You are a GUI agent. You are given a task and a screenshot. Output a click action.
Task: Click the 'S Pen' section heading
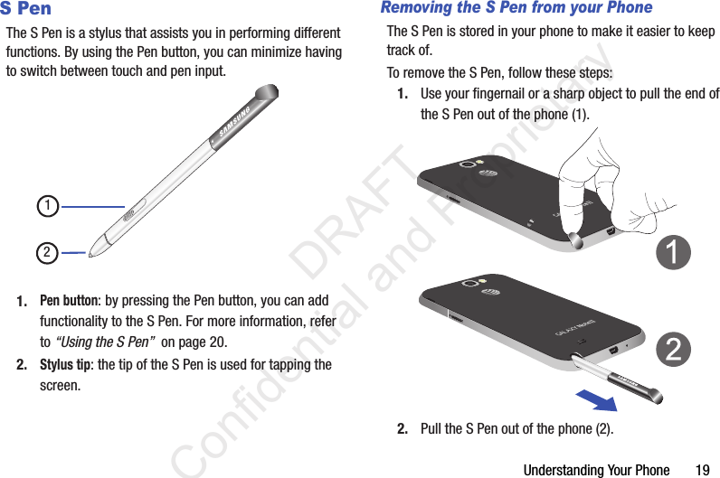pos(25,8)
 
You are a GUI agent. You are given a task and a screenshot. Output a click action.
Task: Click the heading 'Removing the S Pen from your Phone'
pos(516,7)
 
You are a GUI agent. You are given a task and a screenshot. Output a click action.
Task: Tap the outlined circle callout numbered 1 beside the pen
pos(48,206)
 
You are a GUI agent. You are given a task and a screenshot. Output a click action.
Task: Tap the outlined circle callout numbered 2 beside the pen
pos(47,253)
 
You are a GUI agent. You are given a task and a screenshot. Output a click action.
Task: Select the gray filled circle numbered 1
pos(673,252)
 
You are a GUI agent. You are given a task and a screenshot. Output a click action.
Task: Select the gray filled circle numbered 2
pos(673,350)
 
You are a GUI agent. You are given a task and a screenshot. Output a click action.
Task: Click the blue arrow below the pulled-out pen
pos(597,400)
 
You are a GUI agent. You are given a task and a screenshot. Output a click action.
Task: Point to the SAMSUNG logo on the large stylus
pos(234,121)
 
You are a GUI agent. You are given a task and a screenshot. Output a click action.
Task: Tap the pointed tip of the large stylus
pos(90,255)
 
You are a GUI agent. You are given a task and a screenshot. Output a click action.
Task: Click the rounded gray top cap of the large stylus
pos(266,92)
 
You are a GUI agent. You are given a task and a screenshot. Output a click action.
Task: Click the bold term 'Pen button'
pos(69,301)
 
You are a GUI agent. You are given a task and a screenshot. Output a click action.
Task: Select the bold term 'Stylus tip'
pos(65,365)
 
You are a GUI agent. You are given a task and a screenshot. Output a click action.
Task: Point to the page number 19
pos(703,470)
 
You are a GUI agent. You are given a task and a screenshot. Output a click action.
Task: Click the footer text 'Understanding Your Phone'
pos(596,470)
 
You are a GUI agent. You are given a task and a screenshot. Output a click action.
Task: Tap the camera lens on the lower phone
pos(469,283)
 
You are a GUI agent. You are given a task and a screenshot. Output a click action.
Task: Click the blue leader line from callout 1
pos(93,207)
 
